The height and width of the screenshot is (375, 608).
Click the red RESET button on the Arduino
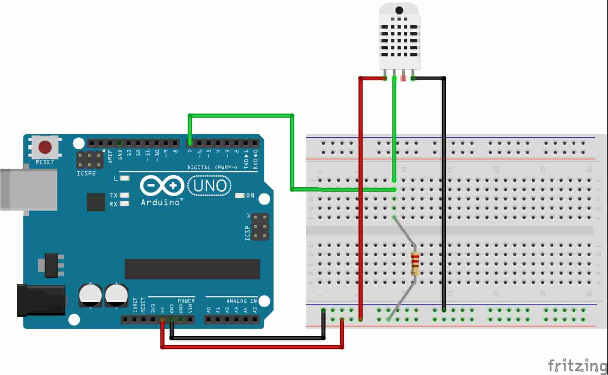45,147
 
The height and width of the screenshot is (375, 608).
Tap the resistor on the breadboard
415,264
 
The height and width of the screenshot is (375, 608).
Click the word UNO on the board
210,186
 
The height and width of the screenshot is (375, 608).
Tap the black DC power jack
41,300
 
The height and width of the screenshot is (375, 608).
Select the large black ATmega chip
192,269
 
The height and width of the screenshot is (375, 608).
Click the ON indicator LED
239,196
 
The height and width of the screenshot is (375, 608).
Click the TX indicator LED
125,195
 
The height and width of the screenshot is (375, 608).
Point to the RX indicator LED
125,204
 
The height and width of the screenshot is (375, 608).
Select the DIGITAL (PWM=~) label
212,168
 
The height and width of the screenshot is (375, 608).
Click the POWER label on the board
186,301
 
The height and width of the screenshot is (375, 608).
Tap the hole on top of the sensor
399,10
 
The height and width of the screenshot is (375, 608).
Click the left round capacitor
90,295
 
